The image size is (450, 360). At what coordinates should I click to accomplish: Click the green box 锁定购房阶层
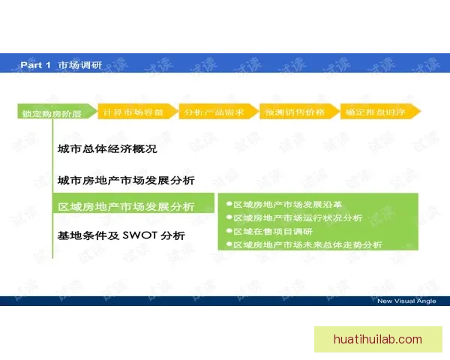click(x=52, y=114)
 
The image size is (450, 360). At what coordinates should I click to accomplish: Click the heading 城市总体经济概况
click(x=106, y=149)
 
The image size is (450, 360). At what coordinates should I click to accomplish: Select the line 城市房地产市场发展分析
click(x=126, y=181)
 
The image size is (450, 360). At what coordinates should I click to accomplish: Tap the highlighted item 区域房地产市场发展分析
click(x=126, y=207)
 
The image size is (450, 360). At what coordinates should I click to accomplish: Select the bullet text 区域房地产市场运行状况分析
click(x=298, y=218)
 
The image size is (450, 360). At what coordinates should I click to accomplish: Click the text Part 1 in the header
click(x=35, y=65)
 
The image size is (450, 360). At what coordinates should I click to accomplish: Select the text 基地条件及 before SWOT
click(x=88, y=235)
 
